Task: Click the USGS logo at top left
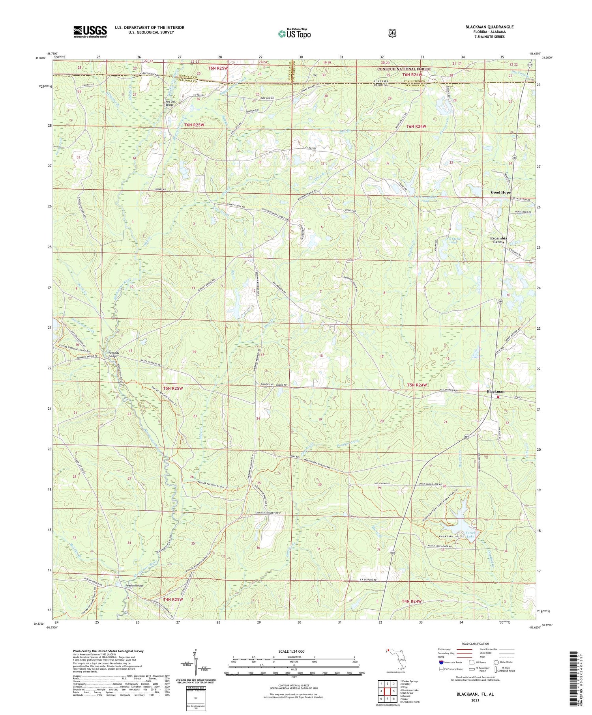pyautogui.click(x=90, y=32)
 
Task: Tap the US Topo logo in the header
pyautogui.click(x=294, y=34)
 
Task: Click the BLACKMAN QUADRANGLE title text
pyautogui.click(x=489, y=27)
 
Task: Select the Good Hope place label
pyautogui.click(x=500, y=192)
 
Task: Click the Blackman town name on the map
pyautogui.click(x=496, y=392)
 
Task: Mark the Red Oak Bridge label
pyautogui.click(x=170, y=103)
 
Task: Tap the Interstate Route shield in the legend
pyautogui.click(x=441, y=663)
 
